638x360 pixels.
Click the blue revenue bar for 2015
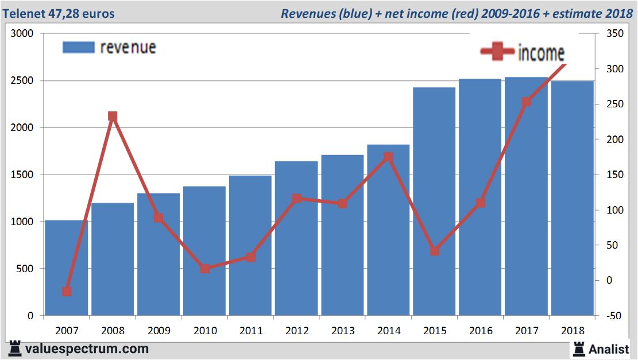tap(434, 201)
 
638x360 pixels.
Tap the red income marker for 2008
tap(113, 117)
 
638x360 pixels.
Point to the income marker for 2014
tap(388, 157)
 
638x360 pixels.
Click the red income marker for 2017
tap(527, 102)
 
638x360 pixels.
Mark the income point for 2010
tap(205, 269)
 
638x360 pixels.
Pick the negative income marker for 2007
tap(67, 292)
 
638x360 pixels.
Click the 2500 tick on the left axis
tap(22, 81)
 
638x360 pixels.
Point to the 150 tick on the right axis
tap(607, 175)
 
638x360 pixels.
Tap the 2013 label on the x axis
tap(343, 331)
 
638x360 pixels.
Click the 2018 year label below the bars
tap(573, 331)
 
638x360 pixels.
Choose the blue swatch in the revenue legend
tap(78, 47)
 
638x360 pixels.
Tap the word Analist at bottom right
tap(609, 349)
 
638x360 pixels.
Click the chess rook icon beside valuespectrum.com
tap(16, 349)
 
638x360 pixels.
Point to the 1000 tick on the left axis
tap(22, 222)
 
